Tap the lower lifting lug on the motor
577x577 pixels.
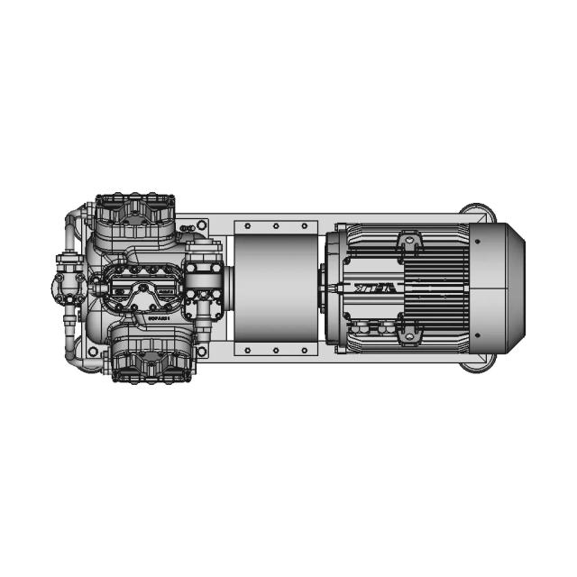(x=408, y=334)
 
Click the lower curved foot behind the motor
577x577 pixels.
(x=477, y=363)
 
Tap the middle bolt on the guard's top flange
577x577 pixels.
(x=275, y=225)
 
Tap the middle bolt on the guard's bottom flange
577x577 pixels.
(x=275, y=352)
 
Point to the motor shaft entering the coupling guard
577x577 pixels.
(x=326, y=288)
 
